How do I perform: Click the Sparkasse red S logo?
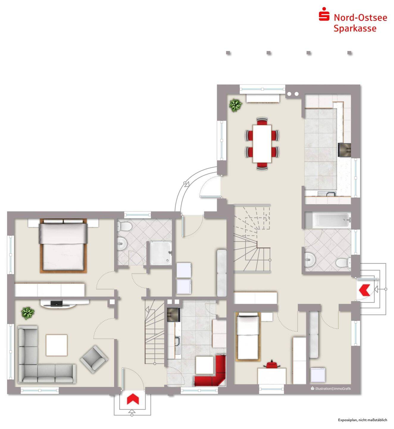pos(324,14)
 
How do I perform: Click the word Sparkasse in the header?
pos(355,28)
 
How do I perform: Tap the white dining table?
pos(262,144)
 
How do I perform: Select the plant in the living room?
pos(28,313)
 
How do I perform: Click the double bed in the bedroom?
pos(63,245)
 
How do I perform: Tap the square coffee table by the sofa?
pos(57,345)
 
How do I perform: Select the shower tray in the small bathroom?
pos(160,253)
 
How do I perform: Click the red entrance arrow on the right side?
pos(364,290)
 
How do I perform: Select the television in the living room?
pos(57,303)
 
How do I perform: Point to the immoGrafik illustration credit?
pos(331,388)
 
